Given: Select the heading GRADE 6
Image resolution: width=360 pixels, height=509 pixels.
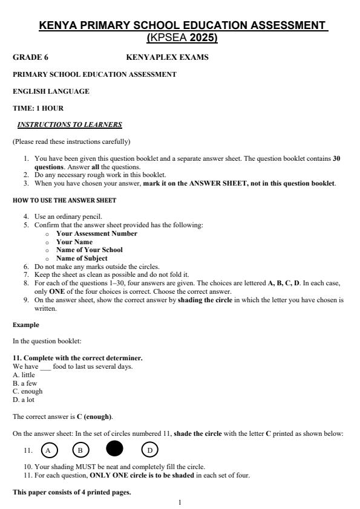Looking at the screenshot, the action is (x=30, y=57).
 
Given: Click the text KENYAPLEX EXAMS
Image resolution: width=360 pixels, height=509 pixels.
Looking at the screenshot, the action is (x=167, y=57).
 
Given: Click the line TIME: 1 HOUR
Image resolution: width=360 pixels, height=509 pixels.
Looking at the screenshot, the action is (x=38, y=108).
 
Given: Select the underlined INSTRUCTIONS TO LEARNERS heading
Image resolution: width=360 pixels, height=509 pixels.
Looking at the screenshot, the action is (x=70, y=125).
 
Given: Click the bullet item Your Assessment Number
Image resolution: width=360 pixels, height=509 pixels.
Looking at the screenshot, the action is (x=96, y=233).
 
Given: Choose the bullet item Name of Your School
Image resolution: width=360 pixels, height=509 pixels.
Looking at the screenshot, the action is (x=89, y=250).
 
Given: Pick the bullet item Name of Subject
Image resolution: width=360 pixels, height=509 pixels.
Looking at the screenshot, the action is (x=82, y=258).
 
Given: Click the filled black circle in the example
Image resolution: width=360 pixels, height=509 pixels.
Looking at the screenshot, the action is (x=114, y=449).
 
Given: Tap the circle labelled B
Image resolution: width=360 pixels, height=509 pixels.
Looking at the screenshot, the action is (x=80, y=450).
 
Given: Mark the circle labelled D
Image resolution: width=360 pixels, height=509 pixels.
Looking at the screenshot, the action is (x=149, y=450).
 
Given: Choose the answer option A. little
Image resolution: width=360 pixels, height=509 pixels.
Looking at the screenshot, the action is (x=24, y=375).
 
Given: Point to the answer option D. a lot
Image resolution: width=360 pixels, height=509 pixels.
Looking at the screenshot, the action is (x=25, y=400).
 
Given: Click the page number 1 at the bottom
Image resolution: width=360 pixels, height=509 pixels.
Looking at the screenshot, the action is (x=180, y=502).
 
